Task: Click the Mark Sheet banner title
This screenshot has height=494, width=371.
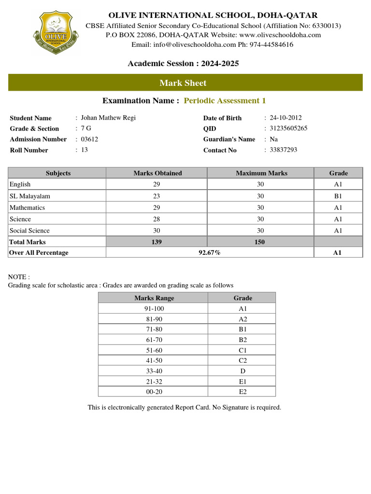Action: pos(183,83)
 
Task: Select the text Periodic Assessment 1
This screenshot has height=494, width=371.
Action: pos(225,100)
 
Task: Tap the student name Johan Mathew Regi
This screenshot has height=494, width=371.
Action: pos(108,118)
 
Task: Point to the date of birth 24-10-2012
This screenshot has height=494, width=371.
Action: pos(285,118)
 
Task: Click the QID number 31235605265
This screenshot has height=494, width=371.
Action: pos(288,128)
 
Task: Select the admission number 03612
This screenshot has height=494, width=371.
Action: pos(89,139)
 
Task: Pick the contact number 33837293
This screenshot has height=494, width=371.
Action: pos(284,150)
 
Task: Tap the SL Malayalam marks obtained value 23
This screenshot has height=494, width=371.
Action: pos(157,196)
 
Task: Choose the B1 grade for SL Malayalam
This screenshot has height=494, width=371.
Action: pos(338,196)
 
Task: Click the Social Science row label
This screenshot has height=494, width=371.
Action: pos(29,231)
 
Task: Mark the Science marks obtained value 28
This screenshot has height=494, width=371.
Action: pos(157,219)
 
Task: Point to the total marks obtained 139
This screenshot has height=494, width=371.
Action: pos(157,242)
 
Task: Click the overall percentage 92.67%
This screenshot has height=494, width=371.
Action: pos(210,252)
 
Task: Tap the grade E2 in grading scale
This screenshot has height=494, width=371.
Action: pos(243,391)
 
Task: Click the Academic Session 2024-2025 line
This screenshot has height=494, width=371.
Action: pos(183,64)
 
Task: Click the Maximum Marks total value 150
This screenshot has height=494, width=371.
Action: pos(260,242)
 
